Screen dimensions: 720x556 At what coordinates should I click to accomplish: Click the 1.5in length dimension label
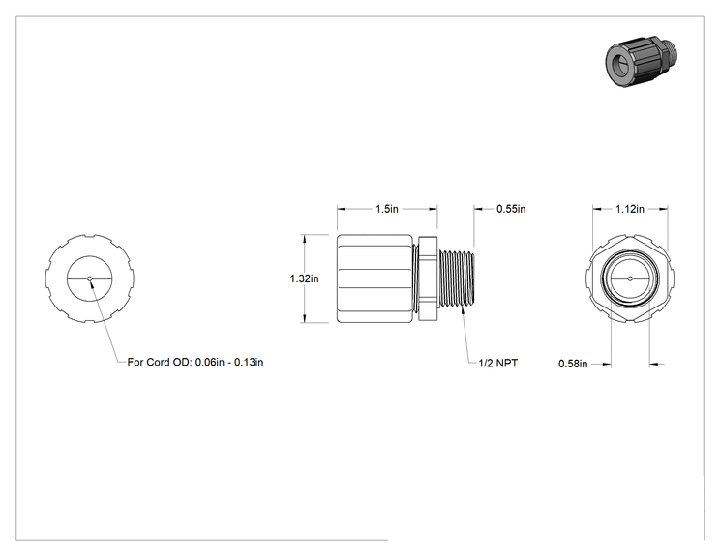pos(387,209)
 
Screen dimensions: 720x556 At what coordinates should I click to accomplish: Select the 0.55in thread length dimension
pos(511,209)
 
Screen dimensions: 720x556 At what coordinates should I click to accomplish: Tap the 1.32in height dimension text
pos(304,278)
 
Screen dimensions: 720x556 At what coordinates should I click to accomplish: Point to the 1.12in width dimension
pos(630,209)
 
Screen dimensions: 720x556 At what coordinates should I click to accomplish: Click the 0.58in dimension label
pos(573,364)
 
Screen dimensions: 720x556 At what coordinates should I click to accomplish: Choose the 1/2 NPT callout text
pos(497,363)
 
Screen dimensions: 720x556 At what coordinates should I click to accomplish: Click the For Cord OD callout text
pos(195,362)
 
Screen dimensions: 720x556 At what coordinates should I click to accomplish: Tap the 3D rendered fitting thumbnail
pos(641,62)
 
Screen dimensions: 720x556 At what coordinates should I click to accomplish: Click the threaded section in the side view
pos(456,278)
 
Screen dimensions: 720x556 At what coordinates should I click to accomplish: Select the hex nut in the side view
pos(428,278)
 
